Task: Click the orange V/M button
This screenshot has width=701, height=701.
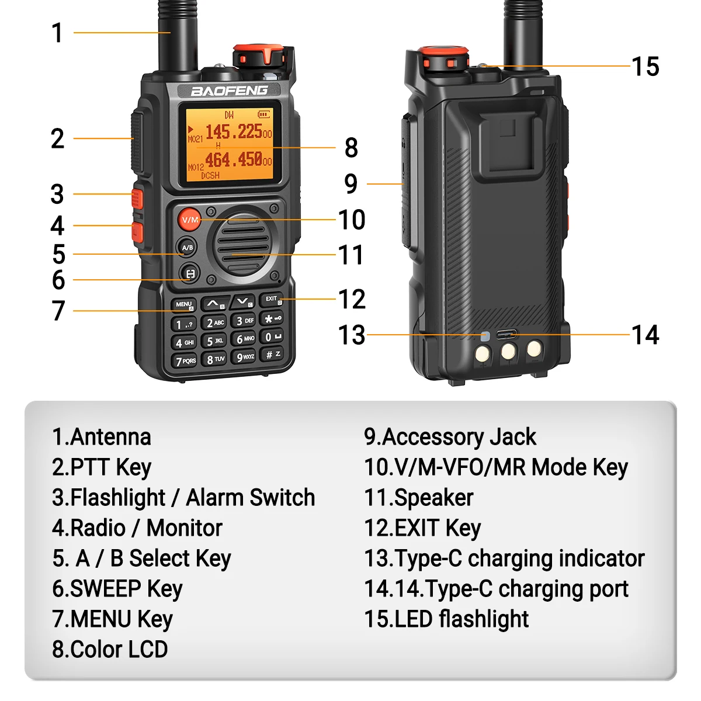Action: [x=189, y=220]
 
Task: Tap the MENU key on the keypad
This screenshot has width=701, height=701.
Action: [x=184, y=304]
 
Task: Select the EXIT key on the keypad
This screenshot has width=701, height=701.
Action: [x=272, y=300]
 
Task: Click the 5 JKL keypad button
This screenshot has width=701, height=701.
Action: [x=214, y=341]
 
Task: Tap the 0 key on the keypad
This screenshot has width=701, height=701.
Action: [x=272, y=337]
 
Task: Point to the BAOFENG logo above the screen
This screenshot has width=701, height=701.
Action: [x=229, y=91]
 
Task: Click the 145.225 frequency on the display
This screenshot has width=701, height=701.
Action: [x=234, y=131]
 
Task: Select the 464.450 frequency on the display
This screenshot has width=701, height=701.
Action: [x=234, y=159]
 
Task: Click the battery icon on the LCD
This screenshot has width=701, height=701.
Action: [x=264, y=114]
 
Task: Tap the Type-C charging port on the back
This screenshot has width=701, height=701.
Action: [x=506, y=335]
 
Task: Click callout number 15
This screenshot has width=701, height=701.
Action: [x=646, y=67]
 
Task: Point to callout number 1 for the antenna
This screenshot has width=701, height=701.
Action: [x=57, y=33]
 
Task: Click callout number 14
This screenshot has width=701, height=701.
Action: [x=646, y=335]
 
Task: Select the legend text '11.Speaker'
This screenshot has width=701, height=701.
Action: [x=418, y=498]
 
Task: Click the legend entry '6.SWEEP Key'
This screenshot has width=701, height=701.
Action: [x=117, y=589]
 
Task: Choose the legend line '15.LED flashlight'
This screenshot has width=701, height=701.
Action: [x=446, y=619]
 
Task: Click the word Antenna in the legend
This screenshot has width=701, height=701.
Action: [x=110, y=437]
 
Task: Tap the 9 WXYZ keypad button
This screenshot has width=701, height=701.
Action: [x=245, y=357]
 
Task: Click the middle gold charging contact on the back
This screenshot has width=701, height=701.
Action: [x=508, y=352]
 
